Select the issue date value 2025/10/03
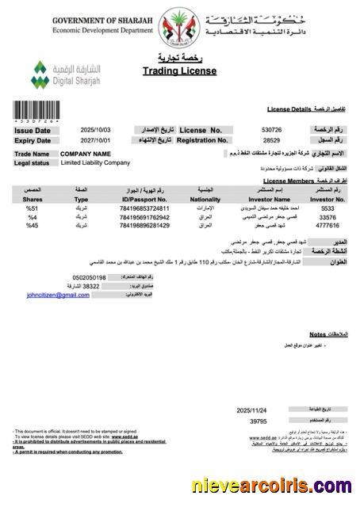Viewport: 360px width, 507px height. [x=96, y=130]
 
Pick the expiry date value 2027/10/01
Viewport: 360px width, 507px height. [x=96, y=140]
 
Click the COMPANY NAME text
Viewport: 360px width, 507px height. [x=85, y=154]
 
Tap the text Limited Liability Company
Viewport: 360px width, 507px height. [x=95, y=163]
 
